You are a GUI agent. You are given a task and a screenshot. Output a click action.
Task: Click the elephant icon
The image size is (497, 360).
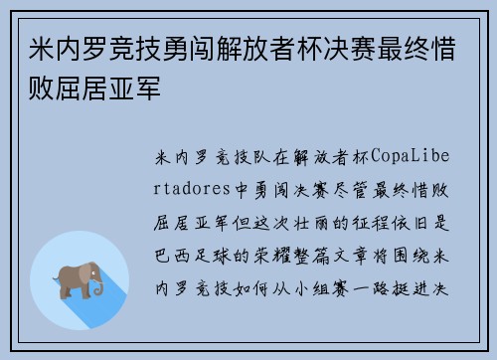81,280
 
